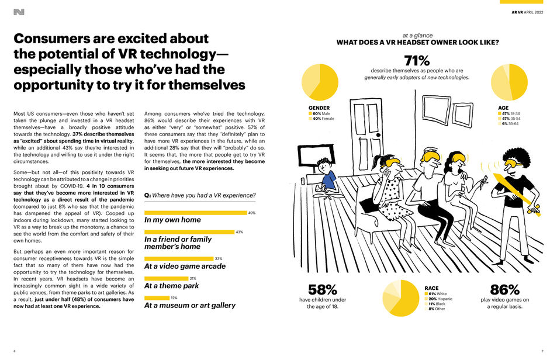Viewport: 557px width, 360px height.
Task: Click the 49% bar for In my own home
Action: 195,213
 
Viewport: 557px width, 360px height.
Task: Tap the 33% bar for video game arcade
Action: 179,258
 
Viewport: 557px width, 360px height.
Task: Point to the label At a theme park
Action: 171,286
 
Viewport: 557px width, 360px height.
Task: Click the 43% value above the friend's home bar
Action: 239,232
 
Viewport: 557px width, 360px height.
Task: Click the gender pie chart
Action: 320,82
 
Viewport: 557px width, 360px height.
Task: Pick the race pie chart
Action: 402,298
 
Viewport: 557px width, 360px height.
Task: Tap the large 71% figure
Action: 417,61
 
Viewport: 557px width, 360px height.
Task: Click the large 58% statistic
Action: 323,290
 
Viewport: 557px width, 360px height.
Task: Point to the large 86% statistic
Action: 504,290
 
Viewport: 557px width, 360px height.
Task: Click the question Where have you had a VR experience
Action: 199,195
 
